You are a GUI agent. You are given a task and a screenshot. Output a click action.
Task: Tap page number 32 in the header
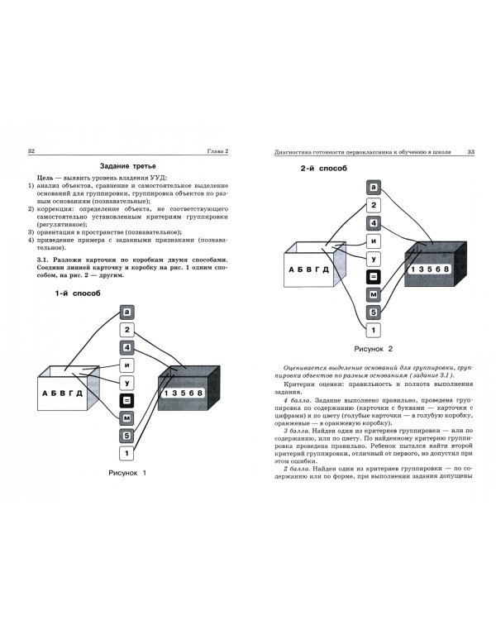[x=31, y=150]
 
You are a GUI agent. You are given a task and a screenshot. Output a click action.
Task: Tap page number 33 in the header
[x=470, y=150]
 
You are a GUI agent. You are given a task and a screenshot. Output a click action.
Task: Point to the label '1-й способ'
[x=78, y=293]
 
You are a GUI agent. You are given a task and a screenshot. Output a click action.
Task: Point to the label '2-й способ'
[x=322, y=169]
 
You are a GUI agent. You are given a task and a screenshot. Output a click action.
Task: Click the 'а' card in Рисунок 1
[x=126, y=312]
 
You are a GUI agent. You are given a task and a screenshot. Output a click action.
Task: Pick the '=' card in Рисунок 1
[x=126, y=400]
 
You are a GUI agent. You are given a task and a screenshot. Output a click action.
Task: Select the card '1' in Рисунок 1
[x=126, y=453]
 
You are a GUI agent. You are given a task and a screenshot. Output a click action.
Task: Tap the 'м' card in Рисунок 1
[x=126, y=417]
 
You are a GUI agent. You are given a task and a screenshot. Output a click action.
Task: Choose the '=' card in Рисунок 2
[x=374, y=277]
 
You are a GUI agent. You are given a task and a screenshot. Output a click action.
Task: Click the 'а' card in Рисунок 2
[x=374, y=188]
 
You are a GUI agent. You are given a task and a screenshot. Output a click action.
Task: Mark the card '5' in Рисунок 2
[x=374, y=312]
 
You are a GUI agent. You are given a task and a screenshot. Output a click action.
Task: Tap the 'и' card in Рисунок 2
[x=374, y=241]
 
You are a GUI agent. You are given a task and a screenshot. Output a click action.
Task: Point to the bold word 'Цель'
[x=36, y=179]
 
